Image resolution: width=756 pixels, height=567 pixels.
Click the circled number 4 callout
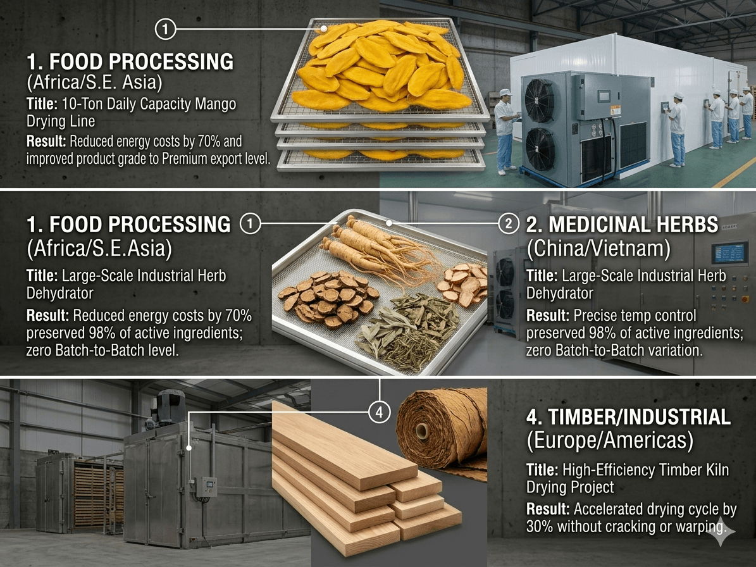(x=379, y=412)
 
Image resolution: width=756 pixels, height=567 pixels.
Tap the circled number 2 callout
(x=508, y=224)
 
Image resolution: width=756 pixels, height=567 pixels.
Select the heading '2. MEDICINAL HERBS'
(x=622, y=225)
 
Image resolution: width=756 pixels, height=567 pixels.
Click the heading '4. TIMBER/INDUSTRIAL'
(x=628, y=417)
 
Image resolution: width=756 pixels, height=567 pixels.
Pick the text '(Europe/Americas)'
(x=610, y=440)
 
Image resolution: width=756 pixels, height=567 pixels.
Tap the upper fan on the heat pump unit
(x=539, y=100)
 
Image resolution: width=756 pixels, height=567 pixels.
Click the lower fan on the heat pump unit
(x=539, y=149)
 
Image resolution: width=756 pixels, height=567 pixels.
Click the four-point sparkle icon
(x=721, y=532)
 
